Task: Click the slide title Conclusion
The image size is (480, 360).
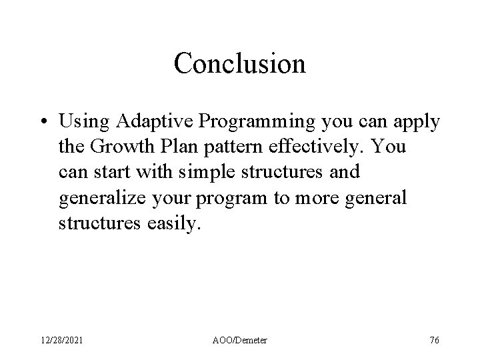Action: [239, 64]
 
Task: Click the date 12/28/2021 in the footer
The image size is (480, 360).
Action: [63, 341]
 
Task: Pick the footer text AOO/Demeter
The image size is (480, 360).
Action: [240, 341]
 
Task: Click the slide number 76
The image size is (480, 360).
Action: [434, 341]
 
